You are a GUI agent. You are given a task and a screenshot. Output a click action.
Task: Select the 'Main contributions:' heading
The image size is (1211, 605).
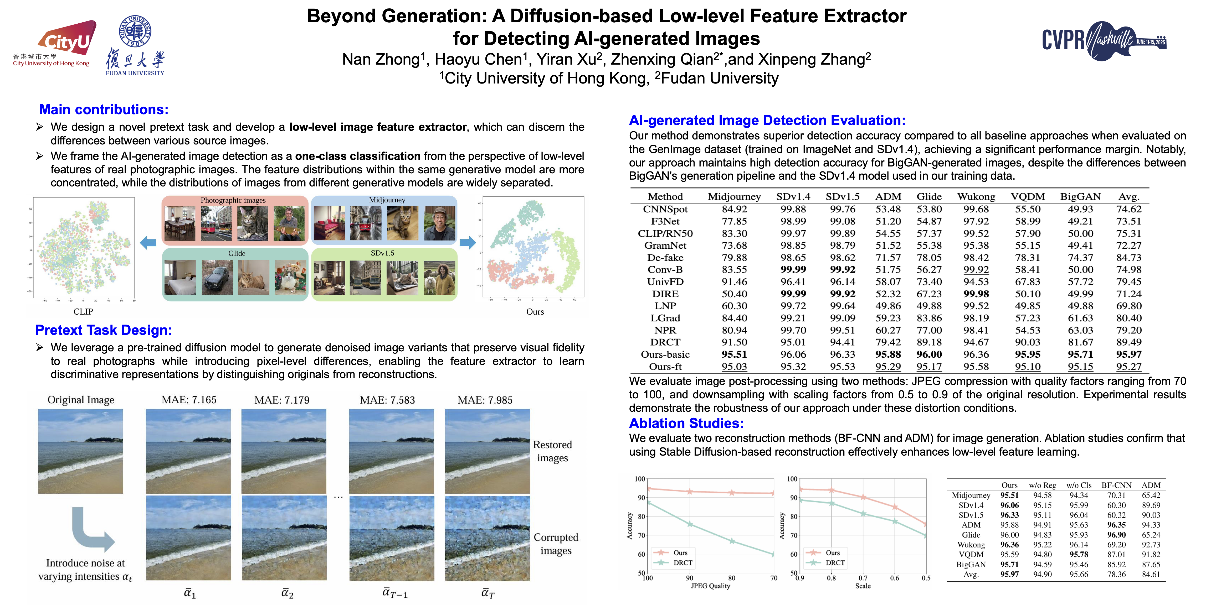pos(104,109)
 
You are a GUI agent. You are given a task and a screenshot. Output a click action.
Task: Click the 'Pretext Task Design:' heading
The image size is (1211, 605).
pos(104,330)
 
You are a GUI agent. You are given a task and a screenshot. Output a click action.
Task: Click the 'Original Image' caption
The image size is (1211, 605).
pos(81,400)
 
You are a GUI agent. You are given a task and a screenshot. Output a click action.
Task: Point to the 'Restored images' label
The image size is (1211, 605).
pos(552,451)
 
